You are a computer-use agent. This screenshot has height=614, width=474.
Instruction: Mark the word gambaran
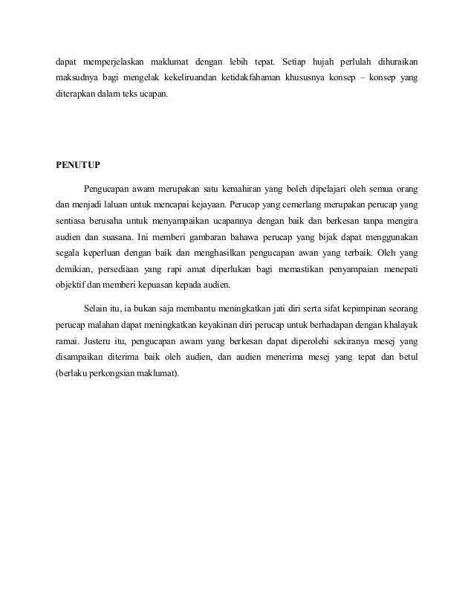pyautogui.click(x=201, y=239)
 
